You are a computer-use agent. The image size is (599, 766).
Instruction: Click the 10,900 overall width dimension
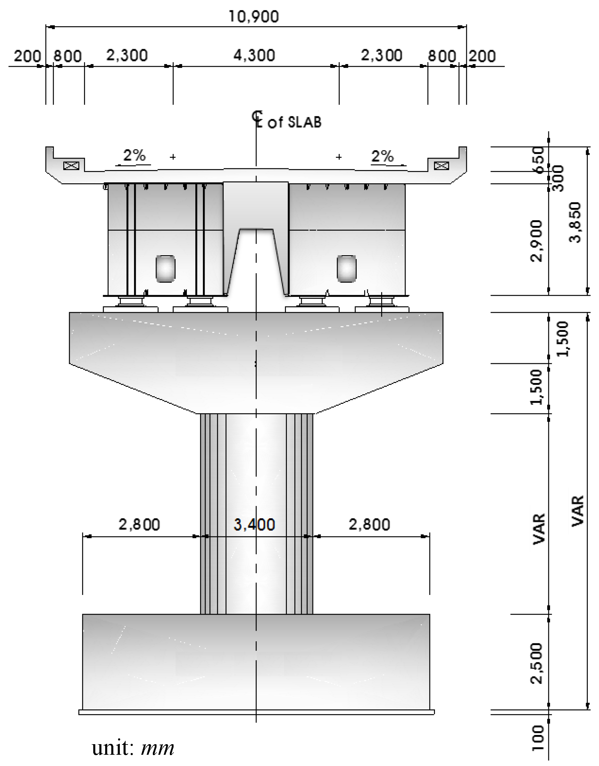(x=254, y=16)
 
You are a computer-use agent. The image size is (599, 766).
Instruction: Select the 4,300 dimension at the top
(x=254, y=56)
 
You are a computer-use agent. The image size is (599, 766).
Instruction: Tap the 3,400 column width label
(x=254, y=524)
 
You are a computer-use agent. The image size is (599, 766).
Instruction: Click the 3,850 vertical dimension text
(x=575, y=222)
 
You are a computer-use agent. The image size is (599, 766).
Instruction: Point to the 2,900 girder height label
(x=537, y=241)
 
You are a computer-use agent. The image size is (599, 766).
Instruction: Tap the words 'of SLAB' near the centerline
(x=294, y=122)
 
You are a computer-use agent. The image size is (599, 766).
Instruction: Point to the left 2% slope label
(x=134, y=155)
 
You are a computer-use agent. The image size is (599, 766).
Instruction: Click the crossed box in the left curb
(x=71, y=166)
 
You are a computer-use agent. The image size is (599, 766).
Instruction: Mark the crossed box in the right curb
(x=441, y=166)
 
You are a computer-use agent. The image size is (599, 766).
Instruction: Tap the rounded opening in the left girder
(x=165, y=269)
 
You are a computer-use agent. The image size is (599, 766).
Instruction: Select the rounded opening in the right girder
(x=346, y=269)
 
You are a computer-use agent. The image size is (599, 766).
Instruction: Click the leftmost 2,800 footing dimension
(x=139, y=524)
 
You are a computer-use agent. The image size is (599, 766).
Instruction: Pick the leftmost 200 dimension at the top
(x=27, y=56)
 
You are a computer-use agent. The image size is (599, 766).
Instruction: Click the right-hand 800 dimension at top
(x=441, y=56)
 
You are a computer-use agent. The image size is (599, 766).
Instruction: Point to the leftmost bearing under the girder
(x=131, y=302)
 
